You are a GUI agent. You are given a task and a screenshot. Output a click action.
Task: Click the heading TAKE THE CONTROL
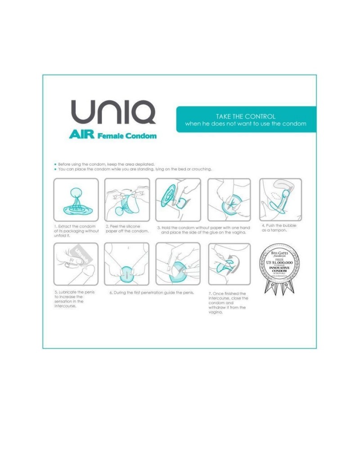tap(245, 116)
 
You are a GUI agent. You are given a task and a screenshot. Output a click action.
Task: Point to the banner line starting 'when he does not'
tap(245, 124)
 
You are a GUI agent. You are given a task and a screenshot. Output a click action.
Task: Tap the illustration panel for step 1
tap(76, 200)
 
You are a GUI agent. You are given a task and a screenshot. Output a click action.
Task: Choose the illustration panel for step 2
tap(127, 200)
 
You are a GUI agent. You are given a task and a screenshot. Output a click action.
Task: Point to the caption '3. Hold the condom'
tap(203, 230)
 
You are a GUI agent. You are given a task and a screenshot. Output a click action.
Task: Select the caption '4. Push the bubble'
tap(279, 228)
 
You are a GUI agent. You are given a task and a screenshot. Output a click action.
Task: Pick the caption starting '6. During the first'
tap(152, 292)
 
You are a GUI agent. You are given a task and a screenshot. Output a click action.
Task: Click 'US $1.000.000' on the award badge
tap(280, 262)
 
